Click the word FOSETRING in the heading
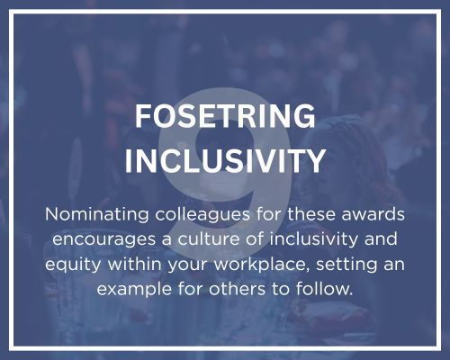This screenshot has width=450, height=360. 224,118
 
